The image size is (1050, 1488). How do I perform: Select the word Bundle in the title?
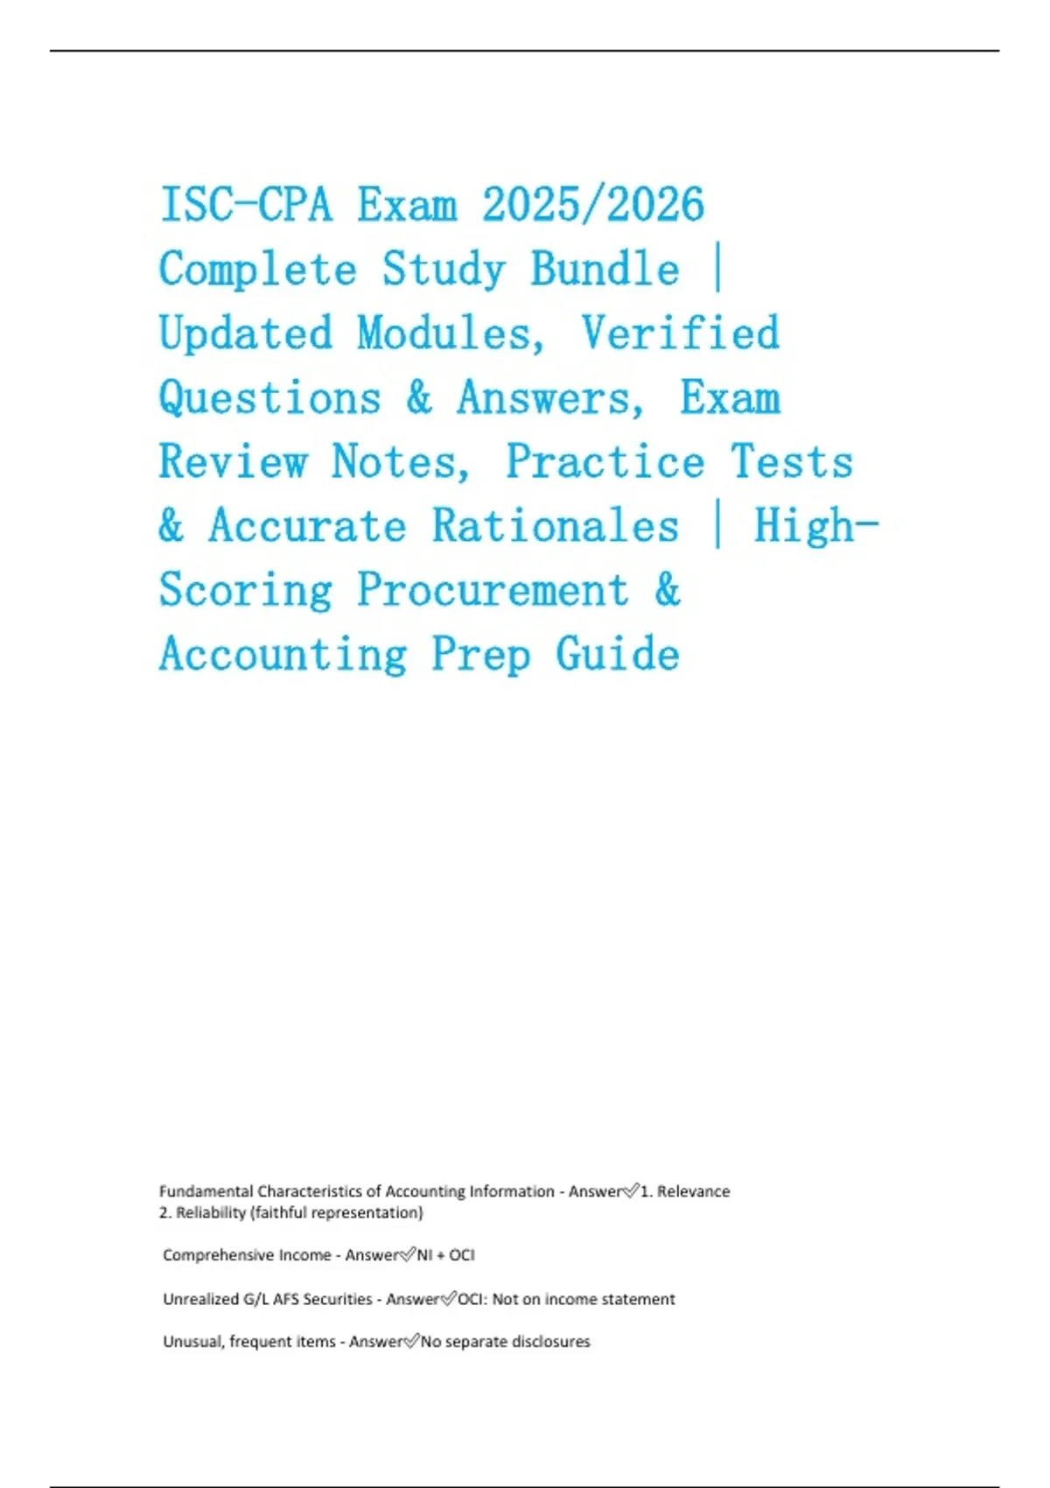605,270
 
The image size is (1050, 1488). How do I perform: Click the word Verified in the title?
680,334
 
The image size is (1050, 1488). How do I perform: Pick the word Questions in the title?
269,399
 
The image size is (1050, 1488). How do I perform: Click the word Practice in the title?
605,462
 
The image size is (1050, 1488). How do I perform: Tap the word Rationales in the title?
556,527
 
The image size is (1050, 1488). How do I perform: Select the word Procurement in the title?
493,591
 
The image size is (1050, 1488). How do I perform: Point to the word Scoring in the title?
245,591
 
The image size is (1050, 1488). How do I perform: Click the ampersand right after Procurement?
667,591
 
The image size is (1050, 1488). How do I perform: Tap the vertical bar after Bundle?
717,270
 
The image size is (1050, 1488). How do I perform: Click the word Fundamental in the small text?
206,1191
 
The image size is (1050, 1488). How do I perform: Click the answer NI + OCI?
445,1255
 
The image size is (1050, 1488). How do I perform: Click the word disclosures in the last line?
550,1342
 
